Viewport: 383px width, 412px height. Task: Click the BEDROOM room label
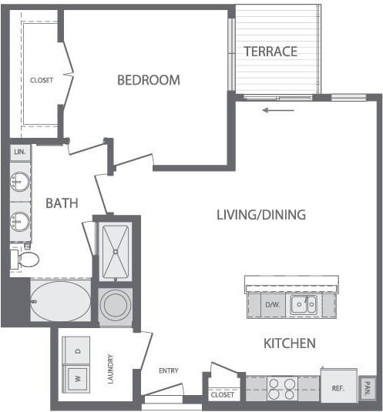tap(149, 79)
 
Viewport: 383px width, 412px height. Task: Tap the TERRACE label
tap(270, 52)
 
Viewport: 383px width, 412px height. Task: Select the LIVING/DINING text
tap(261, 215)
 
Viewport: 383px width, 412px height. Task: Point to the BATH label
tap(62, 203)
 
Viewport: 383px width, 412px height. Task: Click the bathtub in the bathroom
tap(60, 300)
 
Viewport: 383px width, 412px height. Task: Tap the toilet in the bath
tap(25, 259)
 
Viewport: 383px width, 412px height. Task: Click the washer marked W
tap(76, 378)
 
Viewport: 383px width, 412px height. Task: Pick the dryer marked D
tap(76, 350)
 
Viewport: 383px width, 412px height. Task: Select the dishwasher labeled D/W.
tap(272, 305)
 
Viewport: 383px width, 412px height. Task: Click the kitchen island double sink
tap(303, 305)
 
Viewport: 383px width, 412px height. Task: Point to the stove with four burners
tap(282, 388)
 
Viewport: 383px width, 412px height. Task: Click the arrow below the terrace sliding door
tap(278, 110)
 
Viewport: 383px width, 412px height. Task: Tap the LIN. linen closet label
tap(19, 152)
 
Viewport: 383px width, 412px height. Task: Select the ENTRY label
tap(169, 370)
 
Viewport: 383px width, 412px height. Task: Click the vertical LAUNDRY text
tap(111, 370)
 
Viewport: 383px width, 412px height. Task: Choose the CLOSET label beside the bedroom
tap(42, 79)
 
